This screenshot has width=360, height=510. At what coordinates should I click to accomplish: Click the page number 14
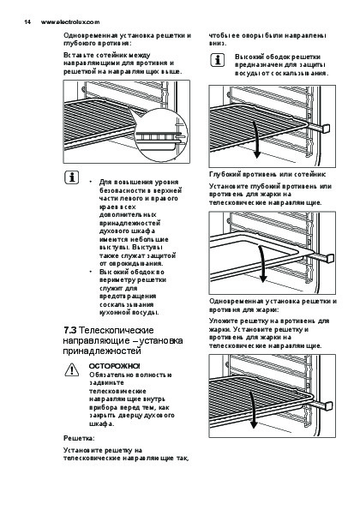(x=27, y=22)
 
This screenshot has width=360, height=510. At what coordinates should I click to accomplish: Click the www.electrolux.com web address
(x=70, y=22)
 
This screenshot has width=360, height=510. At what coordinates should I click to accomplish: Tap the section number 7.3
(x=69, y=330)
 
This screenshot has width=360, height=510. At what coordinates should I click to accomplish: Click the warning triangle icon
(x=71, y=370)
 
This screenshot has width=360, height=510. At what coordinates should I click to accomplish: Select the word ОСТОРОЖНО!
(x=115, y=366)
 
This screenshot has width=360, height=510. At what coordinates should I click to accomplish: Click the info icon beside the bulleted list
(x=71, y=177)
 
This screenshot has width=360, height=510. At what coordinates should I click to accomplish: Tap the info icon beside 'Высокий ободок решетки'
(x=218, y=60)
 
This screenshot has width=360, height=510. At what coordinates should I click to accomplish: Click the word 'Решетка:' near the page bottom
(x=79, y=438)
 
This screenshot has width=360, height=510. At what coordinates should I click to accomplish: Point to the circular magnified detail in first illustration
(x=161, y=135)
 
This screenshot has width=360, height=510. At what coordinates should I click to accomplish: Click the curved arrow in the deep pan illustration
(x=262, y=263)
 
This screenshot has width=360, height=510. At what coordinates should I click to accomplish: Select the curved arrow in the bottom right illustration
(x=253, y=411)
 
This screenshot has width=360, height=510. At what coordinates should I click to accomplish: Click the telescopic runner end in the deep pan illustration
(x=329, y=258)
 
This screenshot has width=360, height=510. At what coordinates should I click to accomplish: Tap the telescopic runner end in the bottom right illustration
(x=327, y=406)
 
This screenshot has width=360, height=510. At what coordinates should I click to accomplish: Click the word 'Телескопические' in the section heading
(x=117, y=330)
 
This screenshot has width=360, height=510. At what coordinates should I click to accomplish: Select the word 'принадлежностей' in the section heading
(x=102, y=351)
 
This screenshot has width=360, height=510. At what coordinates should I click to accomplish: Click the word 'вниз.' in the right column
(x=218, y=43)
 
